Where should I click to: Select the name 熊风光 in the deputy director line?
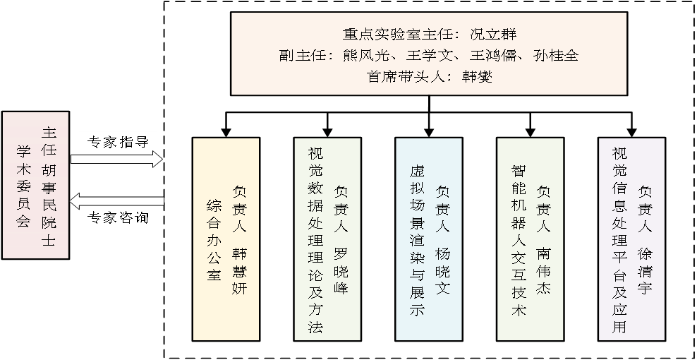click(x=360, y=55)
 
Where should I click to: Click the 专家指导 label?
click(x=118, y=142)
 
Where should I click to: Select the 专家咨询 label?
click(x=118, y=218)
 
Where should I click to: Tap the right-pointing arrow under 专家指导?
click(x=117, y=160)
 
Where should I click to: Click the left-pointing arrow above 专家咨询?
click(x=117, y=200)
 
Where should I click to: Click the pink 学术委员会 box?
click(x=35, y=185)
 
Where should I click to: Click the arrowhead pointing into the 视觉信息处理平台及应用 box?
click(x=631, y=131)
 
